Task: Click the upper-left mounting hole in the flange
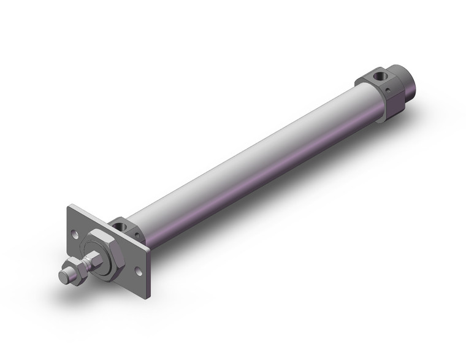click(74, 234)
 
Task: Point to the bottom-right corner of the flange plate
click(145, 281)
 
